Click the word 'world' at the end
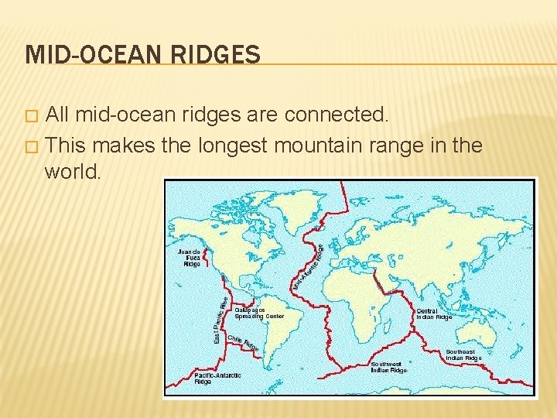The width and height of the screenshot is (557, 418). coord(72,170)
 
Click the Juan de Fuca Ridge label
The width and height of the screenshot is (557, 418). coord(191,258)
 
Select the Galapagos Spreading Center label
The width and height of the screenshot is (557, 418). coord(259,313)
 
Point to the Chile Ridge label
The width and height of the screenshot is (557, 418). coord(243,344)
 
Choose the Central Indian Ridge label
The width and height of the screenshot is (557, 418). coord(434,314)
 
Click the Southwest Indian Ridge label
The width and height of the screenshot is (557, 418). coord(389,367)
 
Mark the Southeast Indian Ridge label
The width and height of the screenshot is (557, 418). coord(463,355)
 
